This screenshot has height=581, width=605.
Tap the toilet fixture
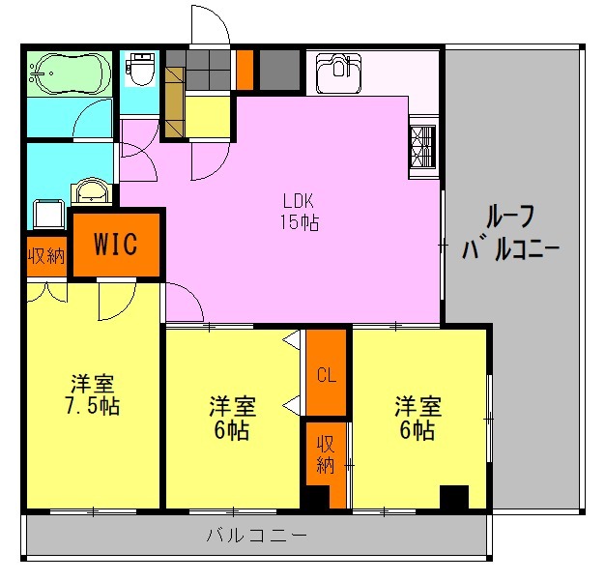[x=142, y=69]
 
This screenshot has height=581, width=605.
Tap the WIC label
[x=116, y=243]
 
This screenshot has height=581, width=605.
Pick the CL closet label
[x=327, y=375]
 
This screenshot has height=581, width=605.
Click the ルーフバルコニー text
[x=512, y=233]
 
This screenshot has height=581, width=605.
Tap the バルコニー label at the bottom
[x=257, y=534]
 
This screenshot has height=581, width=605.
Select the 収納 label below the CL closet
[x=326, y=454]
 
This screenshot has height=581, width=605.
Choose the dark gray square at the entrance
[x=280, y=69]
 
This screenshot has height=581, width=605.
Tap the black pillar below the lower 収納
[x=315, y=497]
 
